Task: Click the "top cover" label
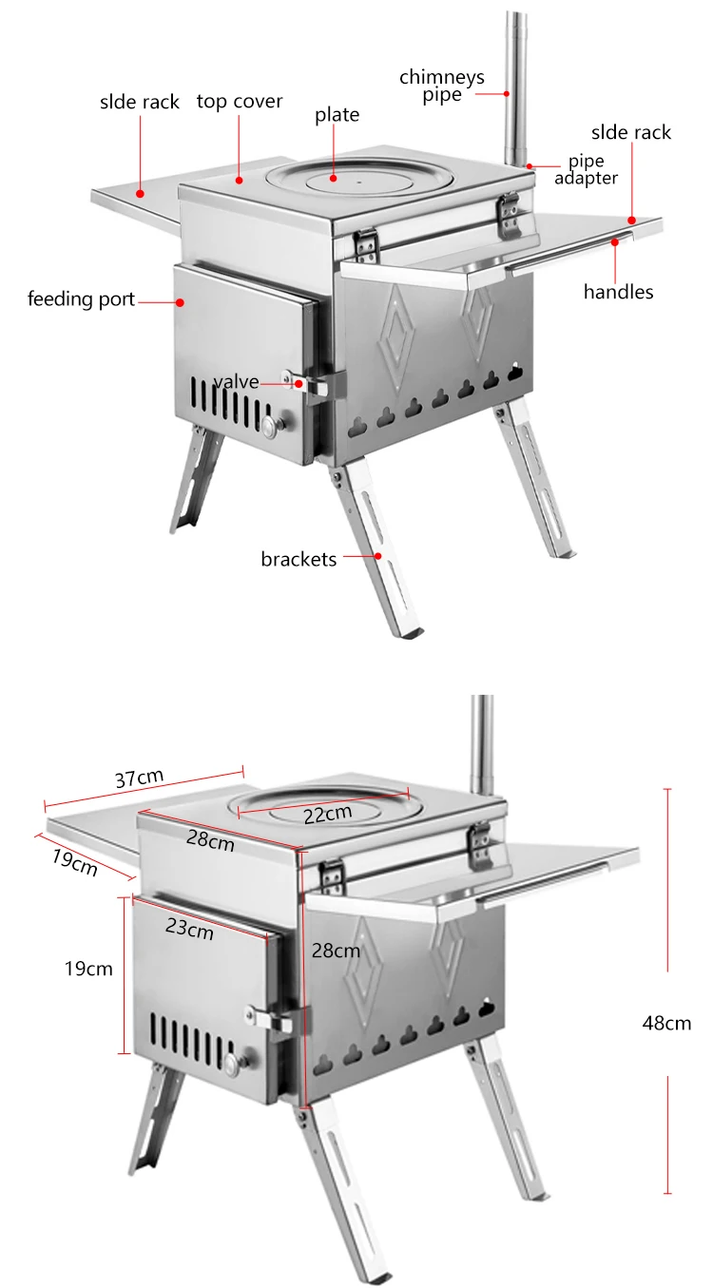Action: (240, 102)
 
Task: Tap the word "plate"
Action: (337, 115)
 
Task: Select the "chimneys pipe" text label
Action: (442, 85)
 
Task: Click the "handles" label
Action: (619, 292)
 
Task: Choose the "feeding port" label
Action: (82, 300)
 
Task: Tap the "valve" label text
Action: (236, 381)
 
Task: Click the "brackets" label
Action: (299, 559)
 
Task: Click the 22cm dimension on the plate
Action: (328, 814)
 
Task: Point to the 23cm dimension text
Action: (189, 929)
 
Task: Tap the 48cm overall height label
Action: (666, 1023)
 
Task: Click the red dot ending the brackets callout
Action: (378, 556)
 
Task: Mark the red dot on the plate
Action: (335, 177)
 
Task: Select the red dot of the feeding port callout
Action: (179, 302)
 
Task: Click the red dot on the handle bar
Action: (615, 241)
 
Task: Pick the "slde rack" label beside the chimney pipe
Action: (631, 132)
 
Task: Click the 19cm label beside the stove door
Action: (88, 970)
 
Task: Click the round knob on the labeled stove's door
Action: (273, 427)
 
